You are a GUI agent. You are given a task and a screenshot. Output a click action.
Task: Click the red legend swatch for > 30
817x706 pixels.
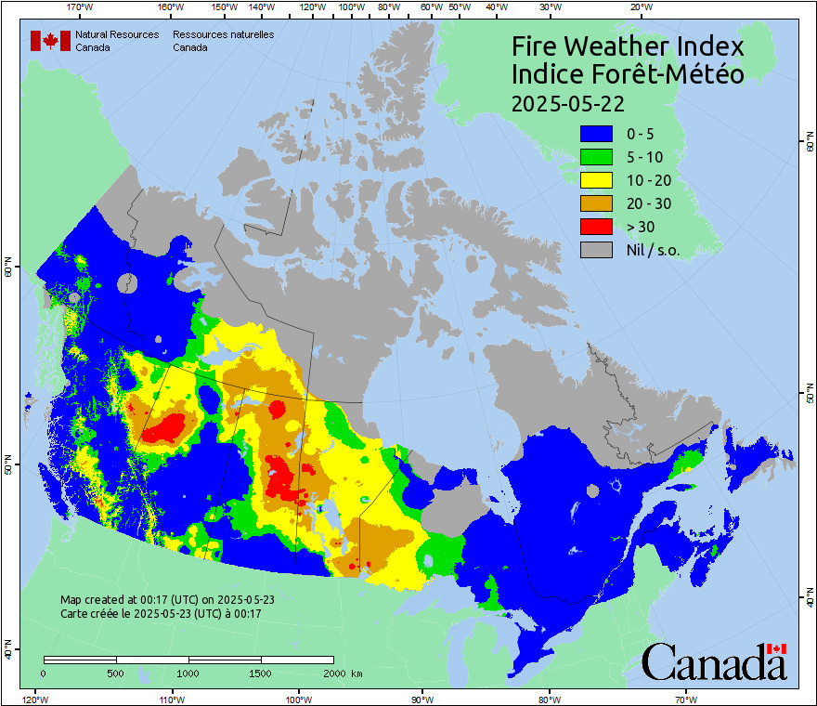point(596,226)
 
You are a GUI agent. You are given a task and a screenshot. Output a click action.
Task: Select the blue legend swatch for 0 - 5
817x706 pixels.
point(596,133)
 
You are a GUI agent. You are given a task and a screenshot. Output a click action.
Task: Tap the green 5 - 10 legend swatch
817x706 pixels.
point(596,156)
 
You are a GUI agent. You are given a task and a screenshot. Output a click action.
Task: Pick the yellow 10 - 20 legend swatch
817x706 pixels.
point(596,179)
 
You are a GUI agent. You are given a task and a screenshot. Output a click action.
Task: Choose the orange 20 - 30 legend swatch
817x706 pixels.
point(596,203)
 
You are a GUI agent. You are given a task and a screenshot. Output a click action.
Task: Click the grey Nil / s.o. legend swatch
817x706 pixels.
point(596,249)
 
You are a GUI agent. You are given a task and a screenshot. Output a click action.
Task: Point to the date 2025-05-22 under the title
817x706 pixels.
point(567,102)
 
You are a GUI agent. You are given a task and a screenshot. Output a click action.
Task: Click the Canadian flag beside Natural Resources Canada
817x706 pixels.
point(50,41)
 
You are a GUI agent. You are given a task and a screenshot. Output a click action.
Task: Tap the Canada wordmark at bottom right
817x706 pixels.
point(714,662)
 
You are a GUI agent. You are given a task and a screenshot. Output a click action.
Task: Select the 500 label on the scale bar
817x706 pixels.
point(116,673)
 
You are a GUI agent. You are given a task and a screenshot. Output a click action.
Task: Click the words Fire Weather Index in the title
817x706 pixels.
point(628,46)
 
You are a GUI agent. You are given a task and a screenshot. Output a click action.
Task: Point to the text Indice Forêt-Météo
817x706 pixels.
point(628,74)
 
